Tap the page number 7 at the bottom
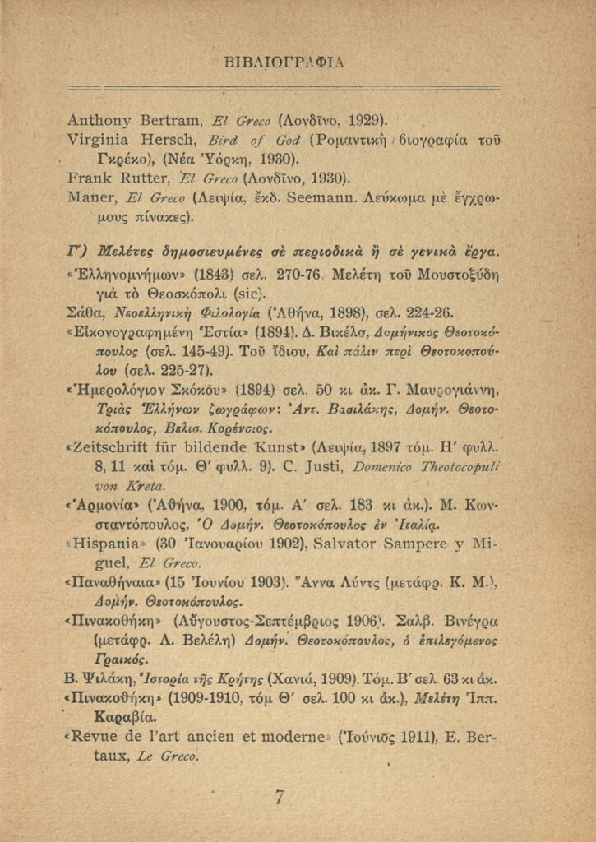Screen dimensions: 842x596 coord(280,797)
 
